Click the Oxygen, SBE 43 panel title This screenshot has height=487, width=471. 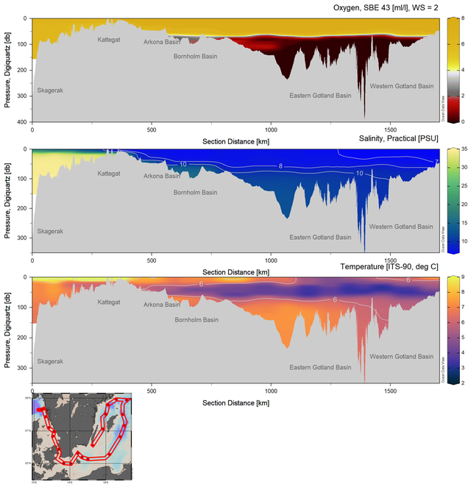(x=383, y=8)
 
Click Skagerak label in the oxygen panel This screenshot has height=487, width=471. (x=52, y=90)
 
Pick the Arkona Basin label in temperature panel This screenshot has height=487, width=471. (x=161, y=304)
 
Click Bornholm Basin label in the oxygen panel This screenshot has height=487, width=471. (x=196, y=56)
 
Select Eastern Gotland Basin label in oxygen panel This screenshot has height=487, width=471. (x=320, y=95)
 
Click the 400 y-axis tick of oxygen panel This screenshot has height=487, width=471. (x=24, y=121)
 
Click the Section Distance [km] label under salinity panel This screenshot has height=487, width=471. (x=235, y=271)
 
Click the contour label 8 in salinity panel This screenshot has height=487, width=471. (x=280, y=166)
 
